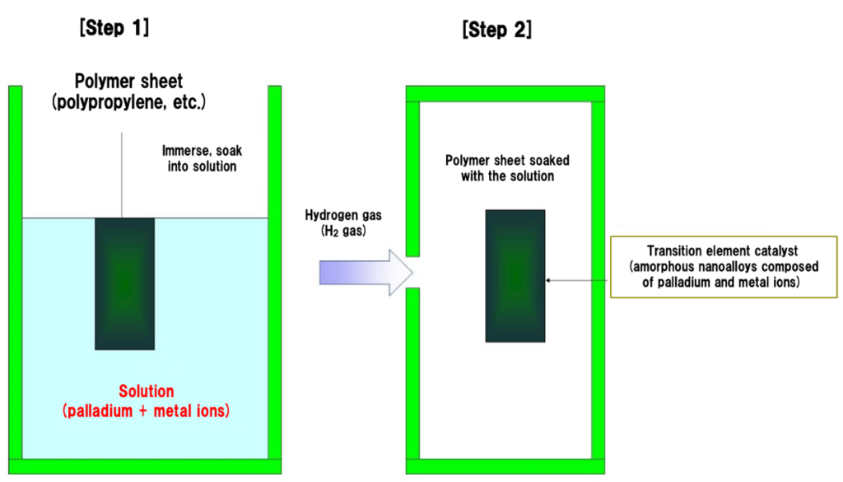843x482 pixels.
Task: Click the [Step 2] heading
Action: point(497,30)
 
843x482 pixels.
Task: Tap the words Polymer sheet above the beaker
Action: point(129,82)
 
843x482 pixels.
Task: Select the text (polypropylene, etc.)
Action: point(128,102)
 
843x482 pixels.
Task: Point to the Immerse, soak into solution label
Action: point(202,159)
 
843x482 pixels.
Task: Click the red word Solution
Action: point(147,391)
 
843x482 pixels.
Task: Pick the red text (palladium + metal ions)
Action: point(146,409)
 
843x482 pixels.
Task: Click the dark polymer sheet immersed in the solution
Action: point(124,283)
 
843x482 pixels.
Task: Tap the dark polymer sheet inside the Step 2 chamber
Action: point(515,275)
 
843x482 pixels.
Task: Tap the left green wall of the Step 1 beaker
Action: point(15,272)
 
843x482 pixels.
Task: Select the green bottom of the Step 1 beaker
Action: point(145,466)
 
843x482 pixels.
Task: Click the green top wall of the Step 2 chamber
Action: point(505,93)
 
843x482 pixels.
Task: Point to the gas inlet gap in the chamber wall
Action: point(412,271)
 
